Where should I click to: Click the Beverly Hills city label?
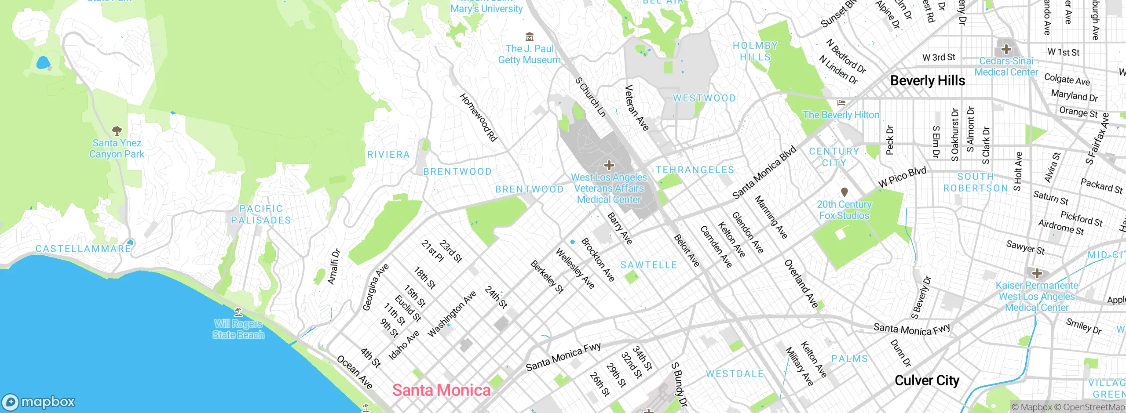pos(927,81)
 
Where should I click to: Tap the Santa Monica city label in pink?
pos(441,390)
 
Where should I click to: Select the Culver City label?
pos(927,380)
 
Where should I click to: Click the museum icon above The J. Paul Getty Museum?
pos(530,36)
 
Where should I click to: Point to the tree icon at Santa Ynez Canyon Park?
pos(117,130)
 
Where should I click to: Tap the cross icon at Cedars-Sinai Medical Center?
pos(1006,49)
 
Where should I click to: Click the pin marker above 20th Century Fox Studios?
pos(844,192)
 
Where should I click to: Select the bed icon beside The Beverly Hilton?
pos(841,103)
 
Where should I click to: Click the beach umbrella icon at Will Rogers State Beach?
pos(238,312)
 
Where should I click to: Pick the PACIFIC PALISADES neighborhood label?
pos(261,214)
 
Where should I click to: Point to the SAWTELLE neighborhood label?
pos(649,265)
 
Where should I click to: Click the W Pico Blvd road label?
pos(902,178)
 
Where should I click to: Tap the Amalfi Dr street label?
pos(334,267)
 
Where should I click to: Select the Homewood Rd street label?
pos(478,117)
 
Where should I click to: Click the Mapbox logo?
pos(39,402)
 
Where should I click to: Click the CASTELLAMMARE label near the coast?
pos(83,249)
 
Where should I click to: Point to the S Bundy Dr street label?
pos(679,384)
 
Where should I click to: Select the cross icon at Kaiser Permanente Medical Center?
pos(1037,273)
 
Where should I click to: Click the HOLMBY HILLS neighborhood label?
pos(755,51)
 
